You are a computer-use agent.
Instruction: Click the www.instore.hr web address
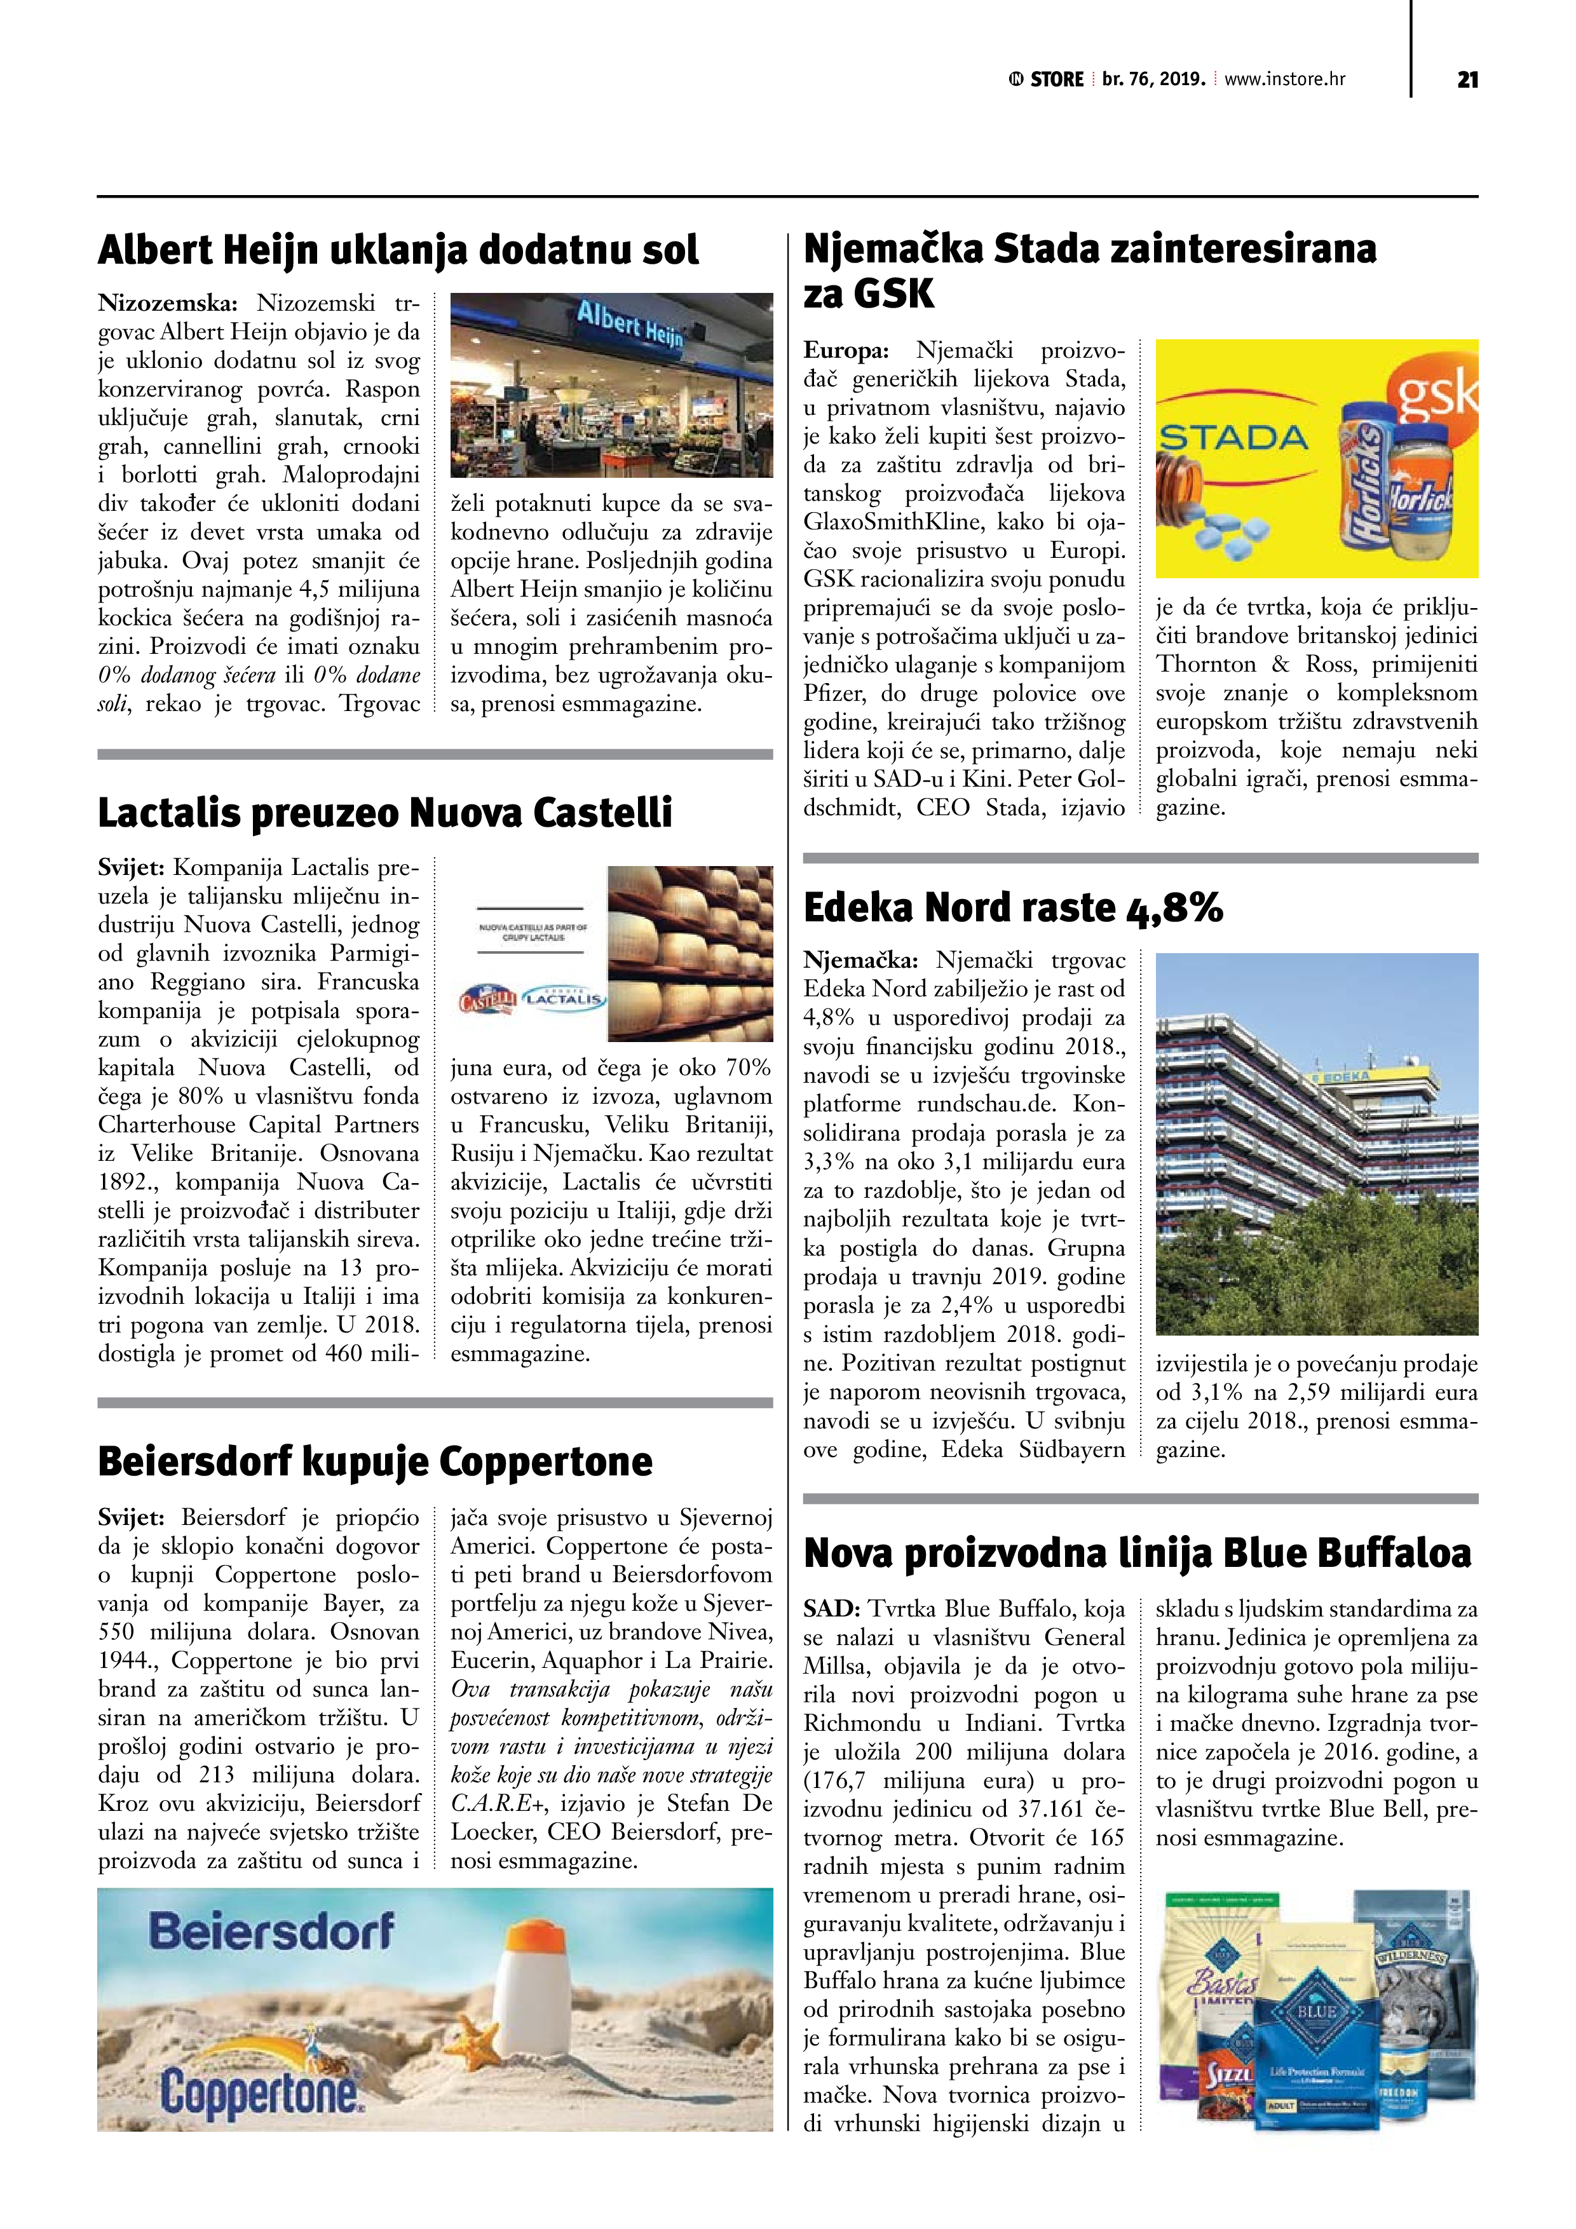pos(1285,79)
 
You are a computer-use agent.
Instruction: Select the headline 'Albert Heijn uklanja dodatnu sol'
pos(398,250)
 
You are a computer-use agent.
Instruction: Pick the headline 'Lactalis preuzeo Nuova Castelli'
pos(384,813)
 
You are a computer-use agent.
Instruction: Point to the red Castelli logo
pos(489,998)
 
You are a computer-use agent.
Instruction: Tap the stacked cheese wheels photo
pos(690,952)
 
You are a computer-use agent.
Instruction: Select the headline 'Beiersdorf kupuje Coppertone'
pos(375,1461)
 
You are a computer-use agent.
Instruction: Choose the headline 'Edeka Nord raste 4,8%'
pos(1013,908)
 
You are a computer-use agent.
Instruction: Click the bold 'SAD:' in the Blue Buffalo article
pos(832,1609)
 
